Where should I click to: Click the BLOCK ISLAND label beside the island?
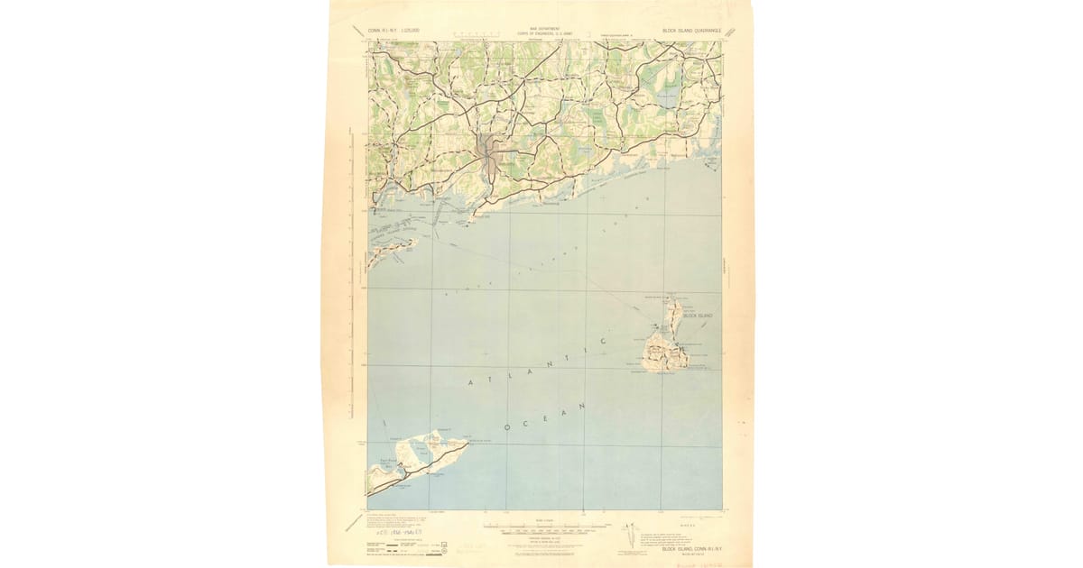698,316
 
